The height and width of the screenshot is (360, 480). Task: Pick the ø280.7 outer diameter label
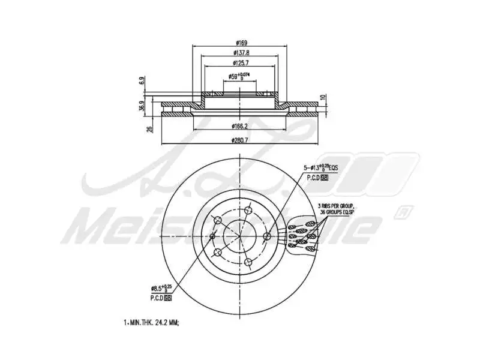pyautogui.click(x=240, y=140)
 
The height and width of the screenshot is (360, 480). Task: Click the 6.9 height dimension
pyautogui.click(x=142, y=80)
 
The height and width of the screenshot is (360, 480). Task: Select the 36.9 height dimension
pyautogui.click(x=142, y=106)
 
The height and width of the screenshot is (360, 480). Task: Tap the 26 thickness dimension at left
pyautogui.click(x=149, y=127)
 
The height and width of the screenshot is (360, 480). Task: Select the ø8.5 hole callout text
pyautogui.click(x=164, y=289)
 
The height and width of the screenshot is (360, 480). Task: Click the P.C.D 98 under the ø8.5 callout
pyautogui.click(x=161, y=298)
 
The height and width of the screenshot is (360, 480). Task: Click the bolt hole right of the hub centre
pyautogui.click(x=268, y=236)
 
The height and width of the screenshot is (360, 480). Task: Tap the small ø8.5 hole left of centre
pyautogui.click(x=212, y=236)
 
